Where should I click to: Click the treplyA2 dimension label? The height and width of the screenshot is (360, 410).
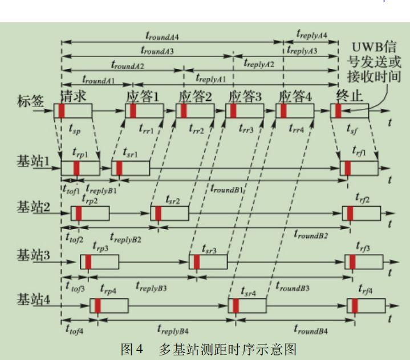tap(259, 64)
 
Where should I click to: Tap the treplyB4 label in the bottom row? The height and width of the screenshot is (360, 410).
tap(173, 329)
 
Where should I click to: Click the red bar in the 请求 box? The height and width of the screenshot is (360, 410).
tap(62, 111)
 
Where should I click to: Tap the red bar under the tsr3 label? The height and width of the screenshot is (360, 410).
tap(197, 262)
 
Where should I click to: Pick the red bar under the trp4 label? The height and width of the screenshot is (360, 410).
tap(98, 305)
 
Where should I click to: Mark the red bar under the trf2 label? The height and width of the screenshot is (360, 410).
tap(351, 213)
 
